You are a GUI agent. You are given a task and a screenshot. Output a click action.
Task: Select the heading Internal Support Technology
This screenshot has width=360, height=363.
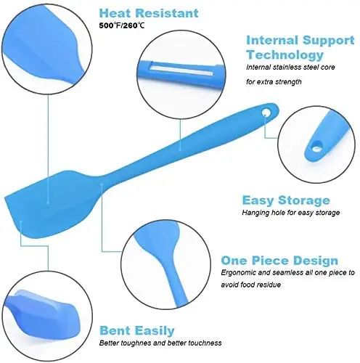pyautogui.click(x=294, y=47)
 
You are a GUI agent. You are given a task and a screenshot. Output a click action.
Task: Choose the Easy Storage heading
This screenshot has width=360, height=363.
pyautogui.click(x=285, y=200)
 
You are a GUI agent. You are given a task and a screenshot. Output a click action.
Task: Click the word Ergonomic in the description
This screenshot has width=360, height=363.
pyautogui.click(x=260, y=273)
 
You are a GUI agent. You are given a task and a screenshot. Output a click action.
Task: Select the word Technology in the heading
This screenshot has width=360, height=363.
pyautogui.click(x=285, y=54)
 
